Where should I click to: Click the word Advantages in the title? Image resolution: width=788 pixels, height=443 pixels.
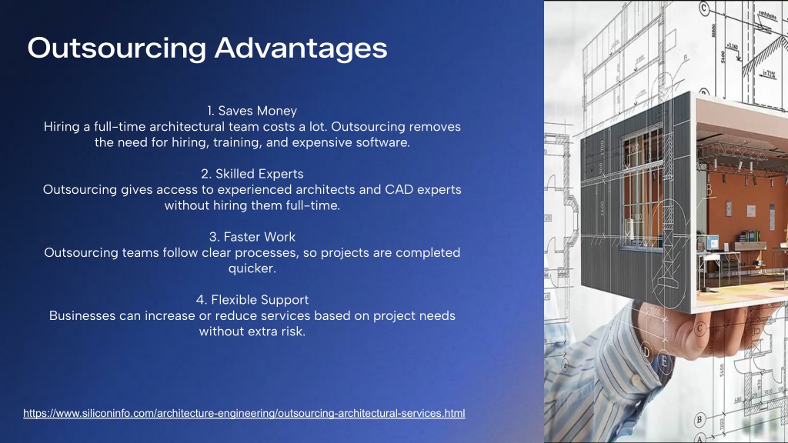tap(301, 48)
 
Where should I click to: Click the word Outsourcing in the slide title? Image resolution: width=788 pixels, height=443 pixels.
tap(117, 48)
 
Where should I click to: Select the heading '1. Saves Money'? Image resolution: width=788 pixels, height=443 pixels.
tap(252, 111)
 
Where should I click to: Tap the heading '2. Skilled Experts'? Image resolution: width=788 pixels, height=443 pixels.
tap(252, 174)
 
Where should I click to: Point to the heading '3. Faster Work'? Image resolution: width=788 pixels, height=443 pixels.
tap(252, 237)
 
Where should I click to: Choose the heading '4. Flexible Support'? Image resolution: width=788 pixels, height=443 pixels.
tap(252, 300)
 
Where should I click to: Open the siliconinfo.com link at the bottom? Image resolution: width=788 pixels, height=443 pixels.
tap(244, 413)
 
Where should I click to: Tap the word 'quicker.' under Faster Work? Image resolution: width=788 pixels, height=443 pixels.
tap(252, 268)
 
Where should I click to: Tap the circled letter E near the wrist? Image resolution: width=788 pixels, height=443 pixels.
tap(664, 361)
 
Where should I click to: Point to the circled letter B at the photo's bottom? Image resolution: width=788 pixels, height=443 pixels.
tap(699, 420)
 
